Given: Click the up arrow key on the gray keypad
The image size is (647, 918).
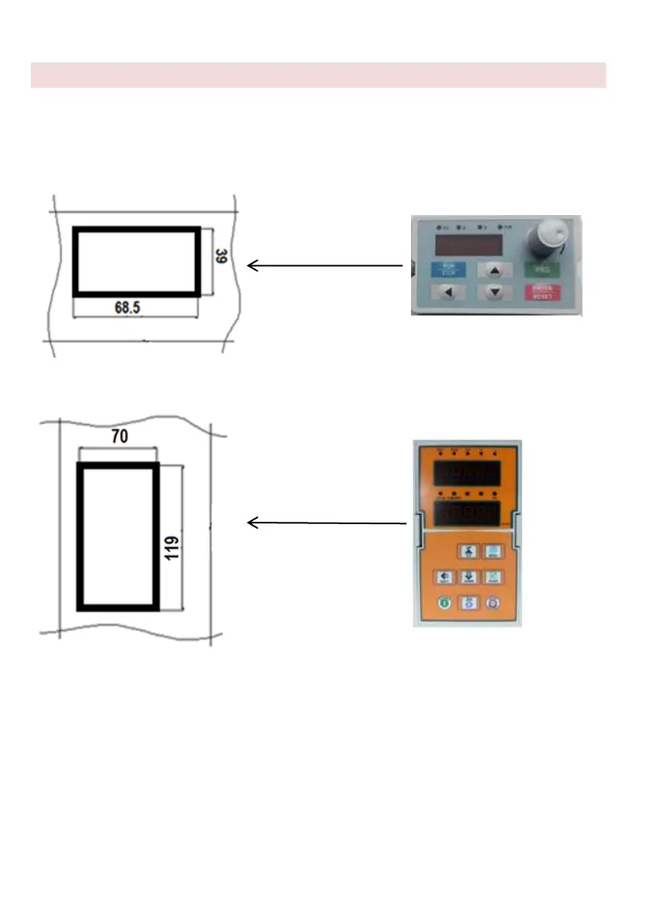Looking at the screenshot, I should click(495, 271).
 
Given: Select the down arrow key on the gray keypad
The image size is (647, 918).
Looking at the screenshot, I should click(495, 292).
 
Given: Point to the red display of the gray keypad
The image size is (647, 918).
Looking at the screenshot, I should click(470, 245).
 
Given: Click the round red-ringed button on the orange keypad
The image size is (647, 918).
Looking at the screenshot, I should click(493, 604).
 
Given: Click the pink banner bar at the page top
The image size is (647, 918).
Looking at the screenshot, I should click(318, 76).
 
